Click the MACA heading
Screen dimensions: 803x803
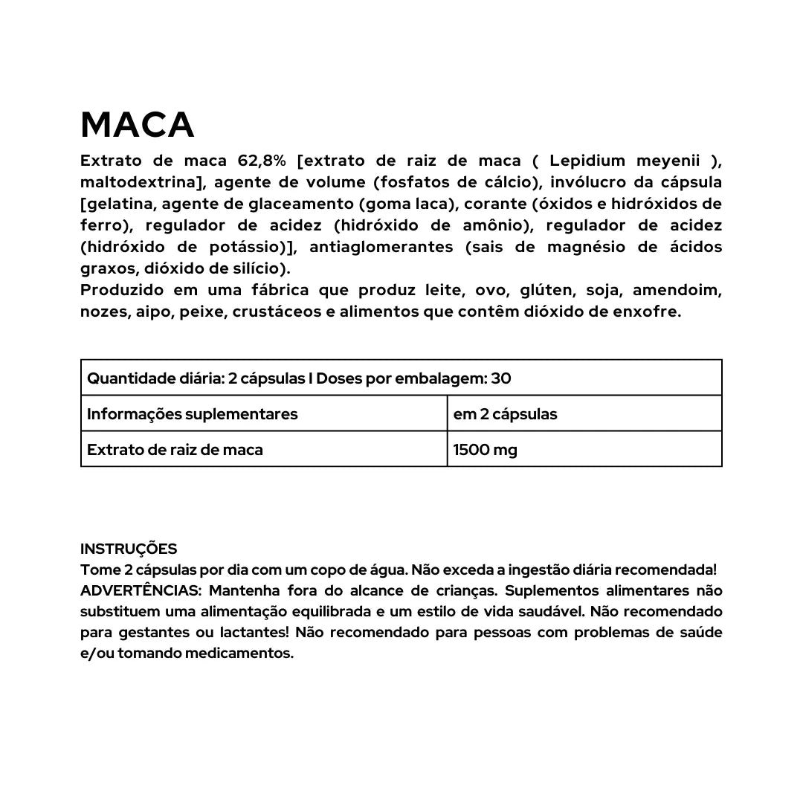point(138,125)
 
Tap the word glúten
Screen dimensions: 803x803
point(546,290)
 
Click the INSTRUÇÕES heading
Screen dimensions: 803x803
point(129,549)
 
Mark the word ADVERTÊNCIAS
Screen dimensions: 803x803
point(139,591)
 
